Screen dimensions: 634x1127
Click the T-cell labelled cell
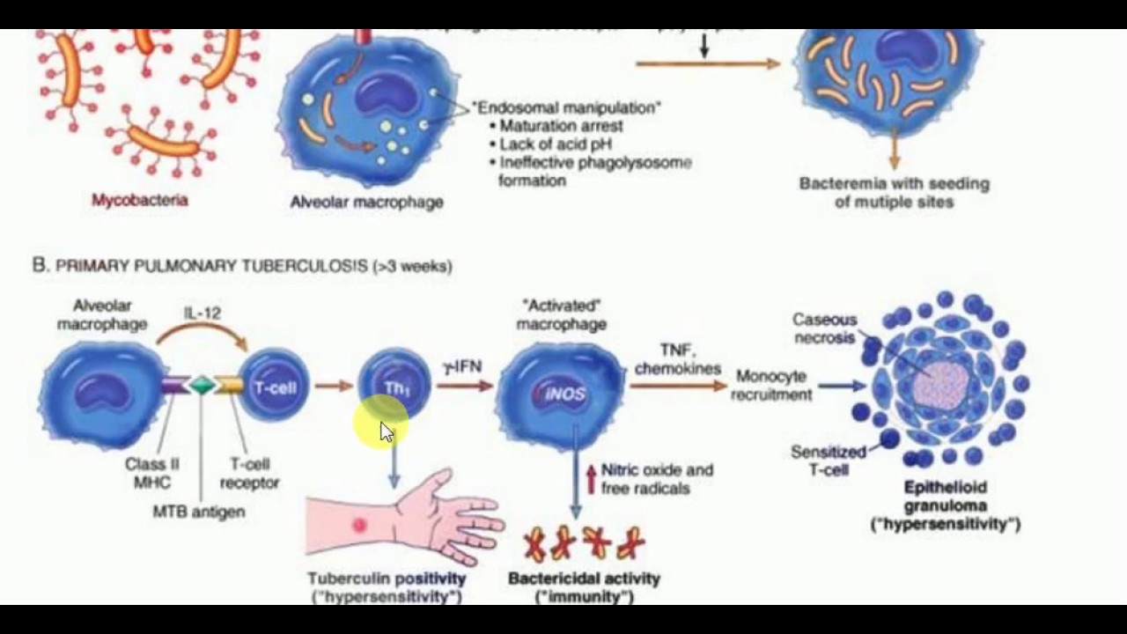pyautogui.click(x=274, y=387)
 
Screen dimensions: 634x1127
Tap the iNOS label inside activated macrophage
pyautogui.click(x=564, y=394)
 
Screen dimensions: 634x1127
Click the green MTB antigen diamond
pyautogui.click(x=203, y=385)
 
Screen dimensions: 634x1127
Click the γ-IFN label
pyautogui.click(x=462, y=366)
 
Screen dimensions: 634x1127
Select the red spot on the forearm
pyautogui.click(x=359, y=525)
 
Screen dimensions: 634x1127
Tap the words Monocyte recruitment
pyautogui.click(x=770, y=386)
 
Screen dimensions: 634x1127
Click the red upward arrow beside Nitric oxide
pyautogui.click(x=591, y=479)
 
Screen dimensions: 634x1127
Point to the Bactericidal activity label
pyautogui.click(x=584, y=579)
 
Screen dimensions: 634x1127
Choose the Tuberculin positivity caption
pyautogui.click(x=387, y=579)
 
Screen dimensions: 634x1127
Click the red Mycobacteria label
pyautogui.click(x=140, y=200)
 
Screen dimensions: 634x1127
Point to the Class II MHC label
pyautogui.click(x=146, y=474)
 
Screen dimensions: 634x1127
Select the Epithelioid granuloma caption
pyautogui.click(x=945, y=497)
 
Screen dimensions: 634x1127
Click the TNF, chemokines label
pyautogui.click(x=677, y=358)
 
